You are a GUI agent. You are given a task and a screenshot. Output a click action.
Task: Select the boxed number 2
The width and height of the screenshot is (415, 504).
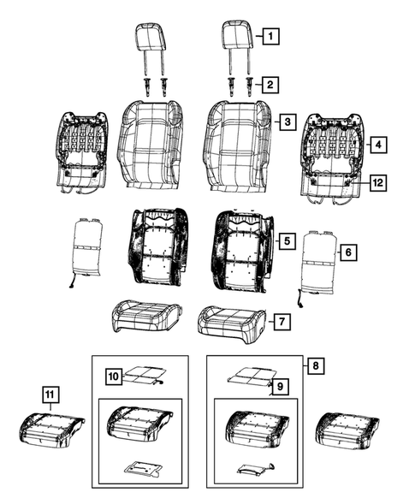coord(270,84)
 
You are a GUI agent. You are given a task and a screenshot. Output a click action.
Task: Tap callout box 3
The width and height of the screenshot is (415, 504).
coord(288,122)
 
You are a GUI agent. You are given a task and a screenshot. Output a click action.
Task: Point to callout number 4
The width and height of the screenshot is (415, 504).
coord(376,145)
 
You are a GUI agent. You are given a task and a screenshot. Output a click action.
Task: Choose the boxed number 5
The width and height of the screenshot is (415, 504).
coord(288,242)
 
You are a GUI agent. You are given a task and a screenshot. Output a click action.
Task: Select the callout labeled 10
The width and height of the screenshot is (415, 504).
coord(114,375)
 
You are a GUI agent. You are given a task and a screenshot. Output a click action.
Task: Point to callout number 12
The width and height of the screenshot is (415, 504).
coord(376,182)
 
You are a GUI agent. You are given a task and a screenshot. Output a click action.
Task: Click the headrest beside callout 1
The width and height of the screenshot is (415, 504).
coord(237,39)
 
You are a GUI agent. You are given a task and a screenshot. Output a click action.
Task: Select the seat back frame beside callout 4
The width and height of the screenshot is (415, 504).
coord(334,154)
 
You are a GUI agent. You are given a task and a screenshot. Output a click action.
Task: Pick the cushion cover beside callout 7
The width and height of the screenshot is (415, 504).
coord(228,321)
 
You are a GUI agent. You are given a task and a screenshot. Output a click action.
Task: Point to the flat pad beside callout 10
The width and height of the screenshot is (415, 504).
coord(143,376)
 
